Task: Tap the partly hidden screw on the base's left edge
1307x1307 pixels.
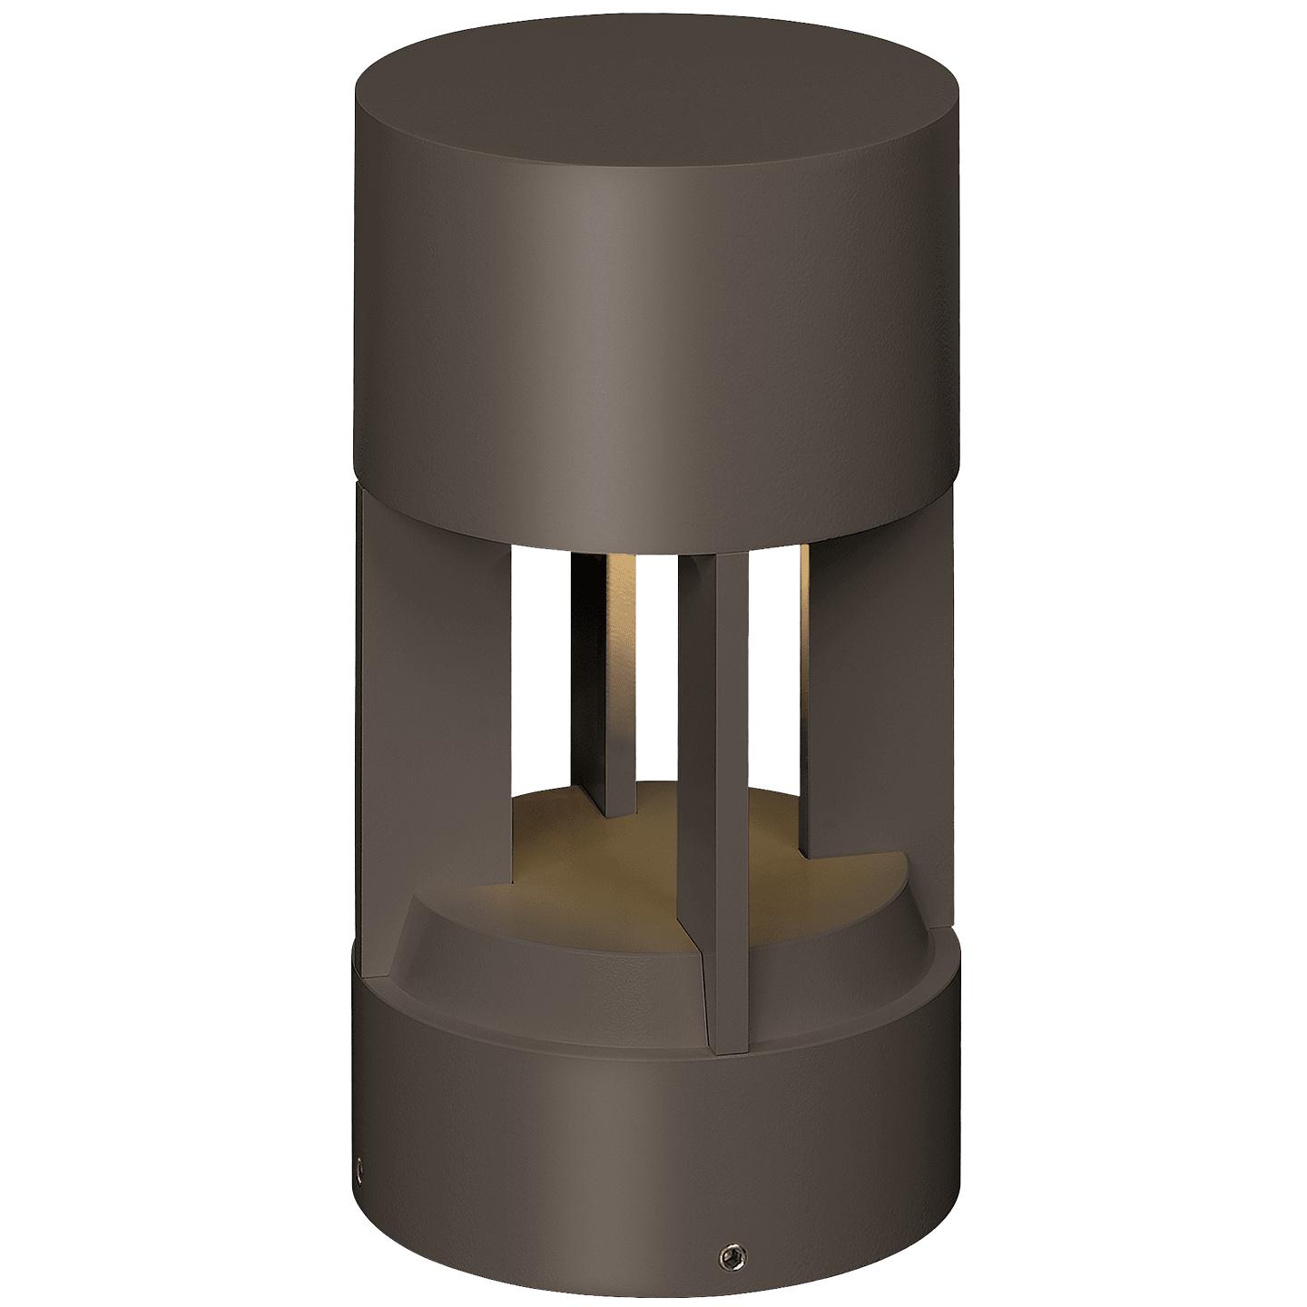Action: coord(360,1189)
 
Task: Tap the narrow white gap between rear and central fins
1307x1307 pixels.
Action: coord(659,672)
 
